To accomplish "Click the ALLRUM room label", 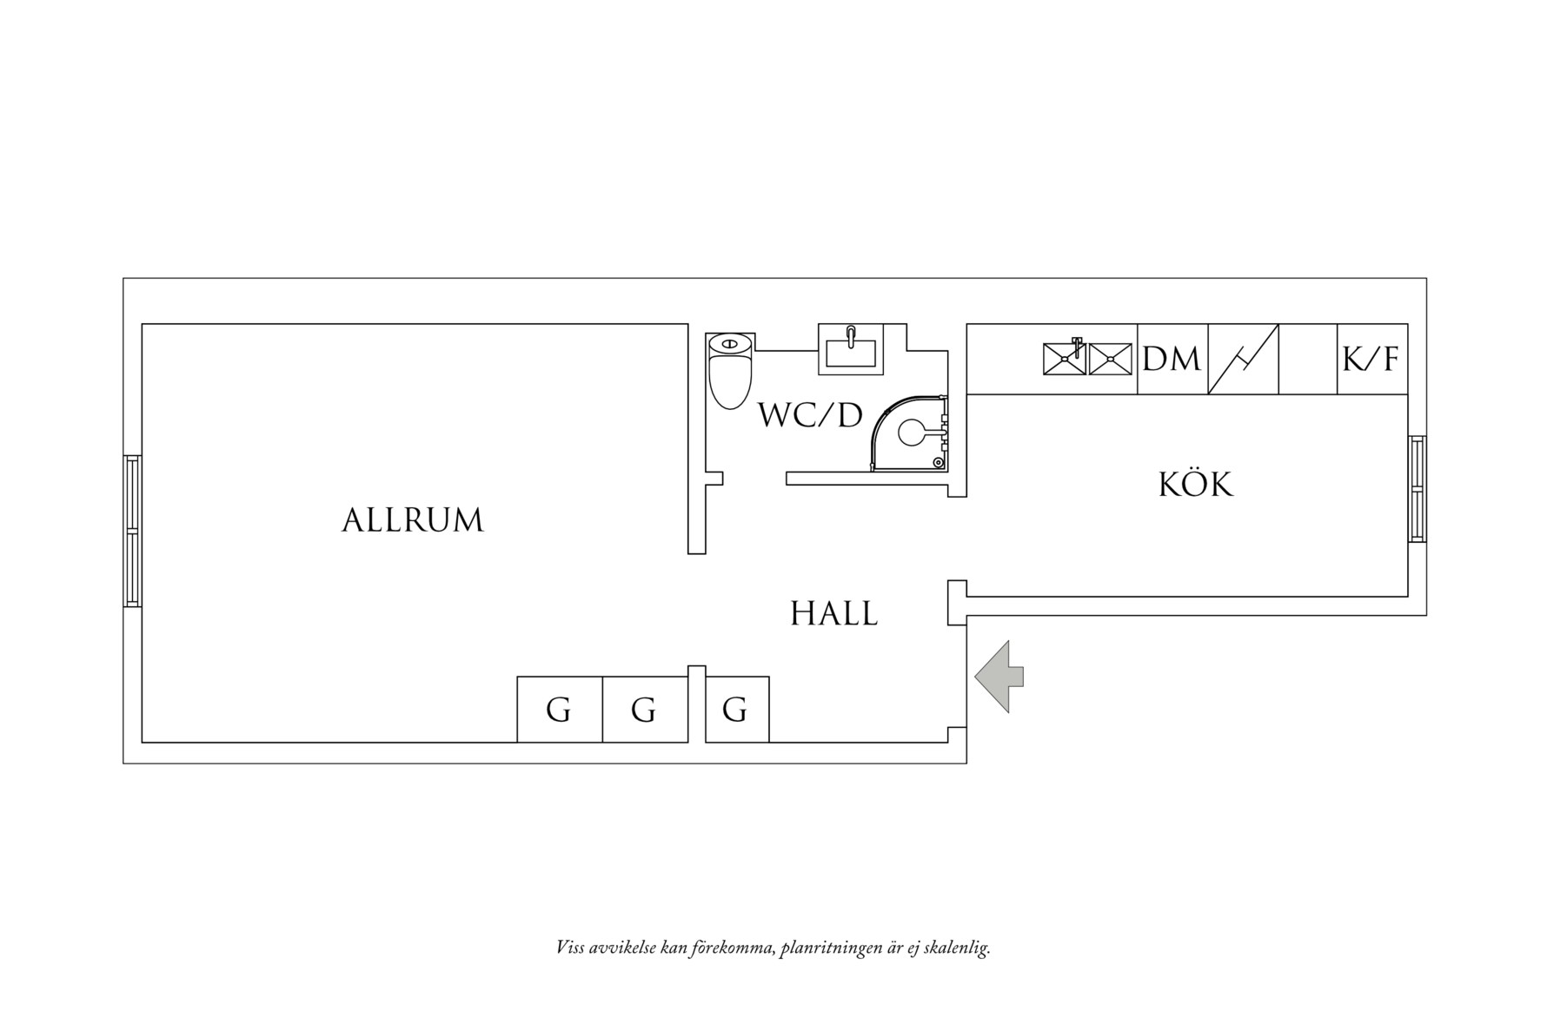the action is pos(412,520).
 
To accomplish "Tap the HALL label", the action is pos(834,614).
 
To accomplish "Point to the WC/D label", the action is pos(810,415).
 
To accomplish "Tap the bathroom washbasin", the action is pos(851,349).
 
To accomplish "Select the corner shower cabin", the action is pos(909,432).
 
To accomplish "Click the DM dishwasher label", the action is pos(1172,359).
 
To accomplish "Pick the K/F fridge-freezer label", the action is pos(1371,359).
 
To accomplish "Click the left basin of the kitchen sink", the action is pos(1066,359).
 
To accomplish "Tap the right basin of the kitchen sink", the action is pos(1111,359).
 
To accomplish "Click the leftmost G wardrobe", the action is pos(560,710).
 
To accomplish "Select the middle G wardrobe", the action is pos(645,710).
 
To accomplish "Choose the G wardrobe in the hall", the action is pos(737,710).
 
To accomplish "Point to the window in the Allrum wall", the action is pos(132,531).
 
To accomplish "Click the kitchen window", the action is pos(1418,490).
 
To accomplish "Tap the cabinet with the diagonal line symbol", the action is pos(1243,359).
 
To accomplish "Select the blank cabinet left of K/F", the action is pos(1308,359).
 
